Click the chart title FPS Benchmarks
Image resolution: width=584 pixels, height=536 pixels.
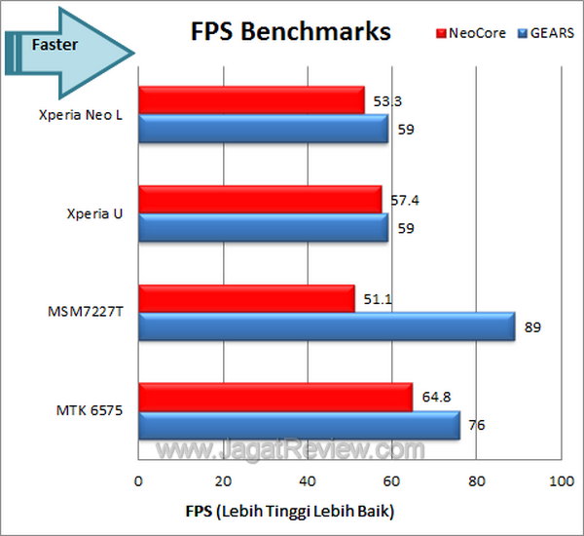click(x=289, y=31)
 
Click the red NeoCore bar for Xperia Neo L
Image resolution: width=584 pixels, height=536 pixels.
click(x=251, y=99)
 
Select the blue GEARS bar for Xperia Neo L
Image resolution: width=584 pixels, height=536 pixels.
click(x=263, y=128)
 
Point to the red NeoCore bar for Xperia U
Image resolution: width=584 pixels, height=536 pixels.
click(x=260, y=199)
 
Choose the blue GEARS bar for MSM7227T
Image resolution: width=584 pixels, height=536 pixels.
click(x=326, y=325)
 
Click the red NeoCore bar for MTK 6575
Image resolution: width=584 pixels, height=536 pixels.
click(x=275, y=397)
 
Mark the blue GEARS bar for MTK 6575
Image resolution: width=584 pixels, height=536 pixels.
click(x=299, y=425)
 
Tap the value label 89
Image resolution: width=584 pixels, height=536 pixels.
click(x=531, y=326)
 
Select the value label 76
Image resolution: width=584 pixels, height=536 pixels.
click(x=476, y=426)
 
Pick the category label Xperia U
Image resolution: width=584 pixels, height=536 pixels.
click(x=102, y=213)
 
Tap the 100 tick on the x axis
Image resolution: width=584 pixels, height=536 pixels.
click(x=560, y=482)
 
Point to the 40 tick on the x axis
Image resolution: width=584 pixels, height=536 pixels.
click(x=308, y=482)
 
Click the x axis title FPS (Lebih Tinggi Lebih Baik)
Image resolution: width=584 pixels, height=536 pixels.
click(x=290, y=511)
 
